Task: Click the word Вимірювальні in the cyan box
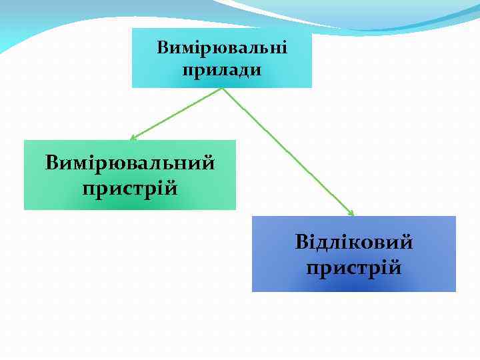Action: pyautogui.click(x=222, y=48)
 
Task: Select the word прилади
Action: pyautogui.click(x=221, y=69)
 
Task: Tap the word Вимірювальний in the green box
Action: pyautogui.click(x=130, y=163)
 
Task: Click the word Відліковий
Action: pyautogui.click(x=354, y=241)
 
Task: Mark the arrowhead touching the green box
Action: pyautogui.click(x=133, y=138)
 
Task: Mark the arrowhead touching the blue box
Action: pyautogui.click(x=351, y=213)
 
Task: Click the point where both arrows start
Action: pyautogui.click(x=222, y=89)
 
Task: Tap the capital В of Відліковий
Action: pyautogui.click(x=301, y=241)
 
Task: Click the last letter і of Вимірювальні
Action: pyautogui.click(x=284, y=48)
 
